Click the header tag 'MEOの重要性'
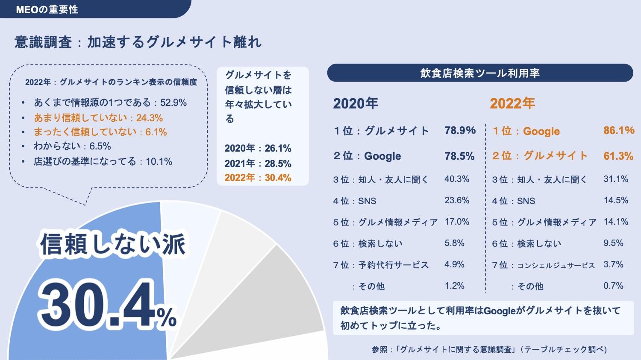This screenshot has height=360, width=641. (x=47, y=9)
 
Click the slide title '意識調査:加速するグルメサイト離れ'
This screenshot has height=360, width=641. (x=138, y=42)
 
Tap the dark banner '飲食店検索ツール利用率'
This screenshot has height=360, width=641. (x=479, y=73)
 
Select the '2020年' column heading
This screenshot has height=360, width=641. (x=356, y=103)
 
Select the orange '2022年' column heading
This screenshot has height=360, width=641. (x=512, y=103)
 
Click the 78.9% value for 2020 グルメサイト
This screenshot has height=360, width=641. (x=460, y=130)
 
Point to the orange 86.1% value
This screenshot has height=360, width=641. (x=618, y=130)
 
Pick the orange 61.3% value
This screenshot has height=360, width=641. (x=618, y=156)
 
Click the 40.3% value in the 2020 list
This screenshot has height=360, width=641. (x=457, y=179)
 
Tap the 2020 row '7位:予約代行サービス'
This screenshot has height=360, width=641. (x=381, y=265)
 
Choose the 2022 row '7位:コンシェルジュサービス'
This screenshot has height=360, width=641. (x=543, y=265)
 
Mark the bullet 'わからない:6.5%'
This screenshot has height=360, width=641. (x=72, y=146)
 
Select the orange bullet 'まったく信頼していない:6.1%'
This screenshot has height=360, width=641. (x=100, y=132)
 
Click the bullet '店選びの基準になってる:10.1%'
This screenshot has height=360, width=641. (x=103, y=161)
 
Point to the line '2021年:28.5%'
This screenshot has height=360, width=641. (x=258, y=164)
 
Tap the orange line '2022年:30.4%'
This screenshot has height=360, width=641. (x=258, y=178)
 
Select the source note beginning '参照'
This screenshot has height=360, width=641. (x=489, y=349)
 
